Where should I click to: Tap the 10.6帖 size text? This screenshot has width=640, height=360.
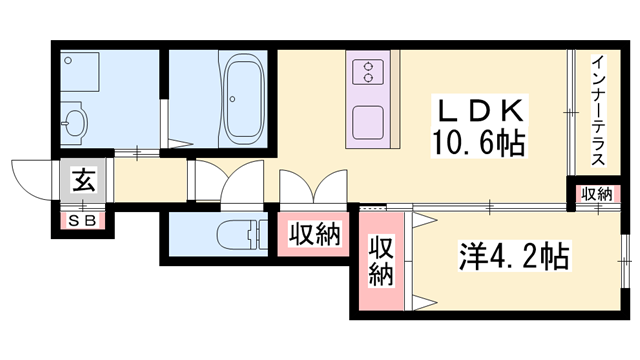pos(479,144)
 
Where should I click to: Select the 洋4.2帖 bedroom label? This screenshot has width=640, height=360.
pos(516,257)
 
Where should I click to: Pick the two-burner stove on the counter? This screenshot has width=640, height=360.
pos(367,71)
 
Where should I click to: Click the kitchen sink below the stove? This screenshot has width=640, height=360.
pos(367,119)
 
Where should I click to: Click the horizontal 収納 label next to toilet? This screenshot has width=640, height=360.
pos(314,235)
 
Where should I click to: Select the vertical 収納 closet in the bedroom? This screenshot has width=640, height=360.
pos(381,261)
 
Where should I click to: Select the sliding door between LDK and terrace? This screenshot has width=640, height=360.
pos(571,110)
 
